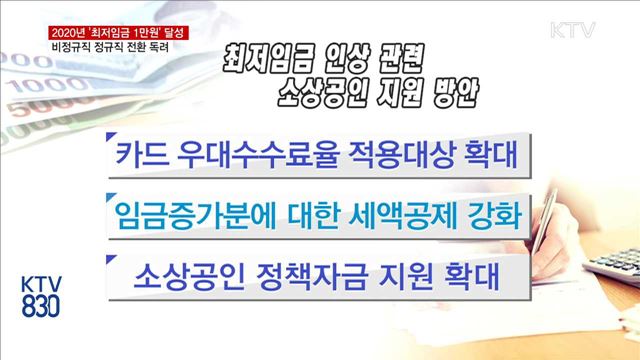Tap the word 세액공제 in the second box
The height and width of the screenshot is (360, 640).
(406, 214)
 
